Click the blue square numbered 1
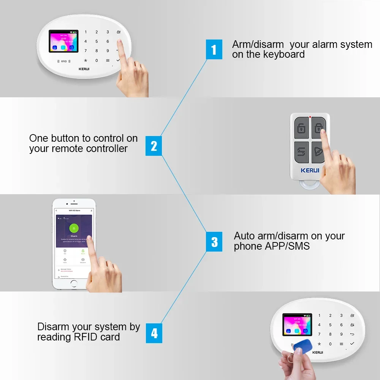[x=214, y=49]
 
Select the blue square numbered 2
[x=154, y=146]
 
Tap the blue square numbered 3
[x=214, y=242]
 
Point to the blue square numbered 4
[x=154, y=333]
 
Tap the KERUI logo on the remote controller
[x=310, y=170]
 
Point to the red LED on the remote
[x=310, y=117]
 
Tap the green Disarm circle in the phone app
[x=74, y=228]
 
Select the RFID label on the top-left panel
[x=63, y=61]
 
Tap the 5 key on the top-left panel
[x=97, y=41]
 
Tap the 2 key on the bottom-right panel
[x=330, y=315]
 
